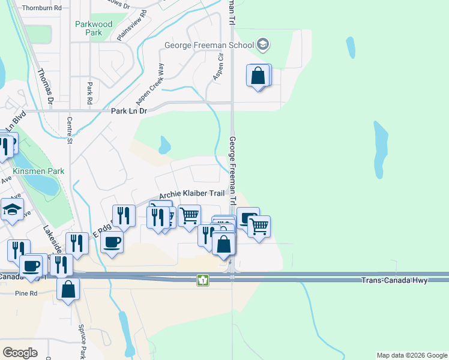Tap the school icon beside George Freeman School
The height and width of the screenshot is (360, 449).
click(x=262, y=44)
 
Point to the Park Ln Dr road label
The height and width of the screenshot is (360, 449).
click(x=129, y=111)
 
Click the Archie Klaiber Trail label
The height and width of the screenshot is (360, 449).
click(x=191, y=195)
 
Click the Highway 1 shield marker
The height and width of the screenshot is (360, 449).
click(x=203, y=280)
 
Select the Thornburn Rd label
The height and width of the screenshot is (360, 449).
click(x=41, y=8)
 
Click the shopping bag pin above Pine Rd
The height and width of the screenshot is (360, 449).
click(x=68, y=289)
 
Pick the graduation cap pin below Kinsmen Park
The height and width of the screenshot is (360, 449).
click(x=12, y=210)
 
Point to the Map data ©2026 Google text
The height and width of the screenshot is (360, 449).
click(x=411, y=355)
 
